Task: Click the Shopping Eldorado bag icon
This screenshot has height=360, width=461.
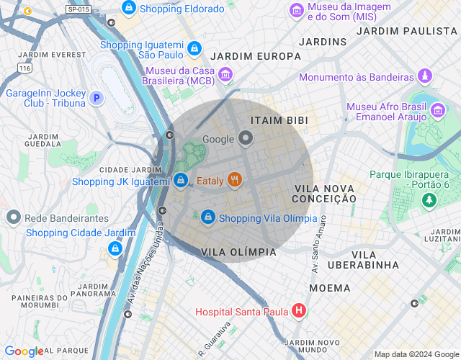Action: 129,9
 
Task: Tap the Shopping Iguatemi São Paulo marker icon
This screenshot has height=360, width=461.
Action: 194,49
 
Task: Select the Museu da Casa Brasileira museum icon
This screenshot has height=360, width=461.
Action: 225,75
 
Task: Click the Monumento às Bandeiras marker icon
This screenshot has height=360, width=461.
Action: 425,76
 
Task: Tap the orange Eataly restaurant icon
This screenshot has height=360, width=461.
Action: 234,180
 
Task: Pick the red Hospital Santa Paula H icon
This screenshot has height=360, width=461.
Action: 298,311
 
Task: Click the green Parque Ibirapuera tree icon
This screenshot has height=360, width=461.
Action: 429,199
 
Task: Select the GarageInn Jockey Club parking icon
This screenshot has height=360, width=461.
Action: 97,97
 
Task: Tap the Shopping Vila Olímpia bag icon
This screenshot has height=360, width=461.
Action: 208,217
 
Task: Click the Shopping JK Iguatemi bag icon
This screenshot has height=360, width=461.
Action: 181,180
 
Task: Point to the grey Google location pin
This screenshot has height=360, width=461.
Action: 246,138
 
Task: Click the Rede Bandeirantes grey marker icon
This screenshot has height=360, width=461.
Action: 13,217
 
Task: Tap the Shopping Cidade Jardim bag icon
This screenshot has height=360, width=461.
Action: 115,248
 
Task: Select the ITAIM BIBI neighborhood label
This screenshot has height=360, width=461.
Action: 274,120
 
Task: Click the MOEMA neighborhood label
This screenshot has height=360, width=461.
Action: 329,288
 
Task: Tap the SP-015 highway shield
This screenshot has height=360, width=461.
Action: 78,9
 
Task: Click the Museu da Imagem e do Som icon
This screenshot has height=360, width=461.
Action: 296,10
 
